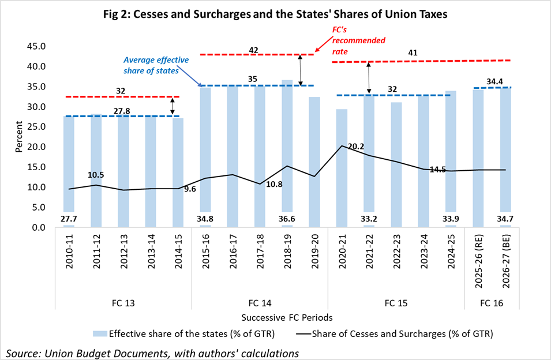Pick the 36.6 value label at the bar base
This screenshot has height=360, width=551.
click(x=287, y=220)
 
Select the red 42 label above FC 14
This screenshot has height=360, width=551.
click(x=253, y=49)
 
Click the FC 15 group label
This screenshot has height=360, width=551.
click(x=396, y=302)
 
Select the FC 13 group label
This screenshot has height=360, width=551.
click(x=123, y=302)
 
